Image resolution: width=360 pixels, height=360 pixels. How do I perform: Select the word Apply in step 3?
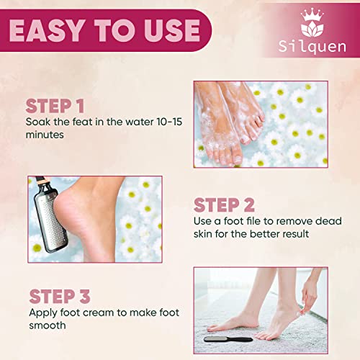[43, 314]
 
